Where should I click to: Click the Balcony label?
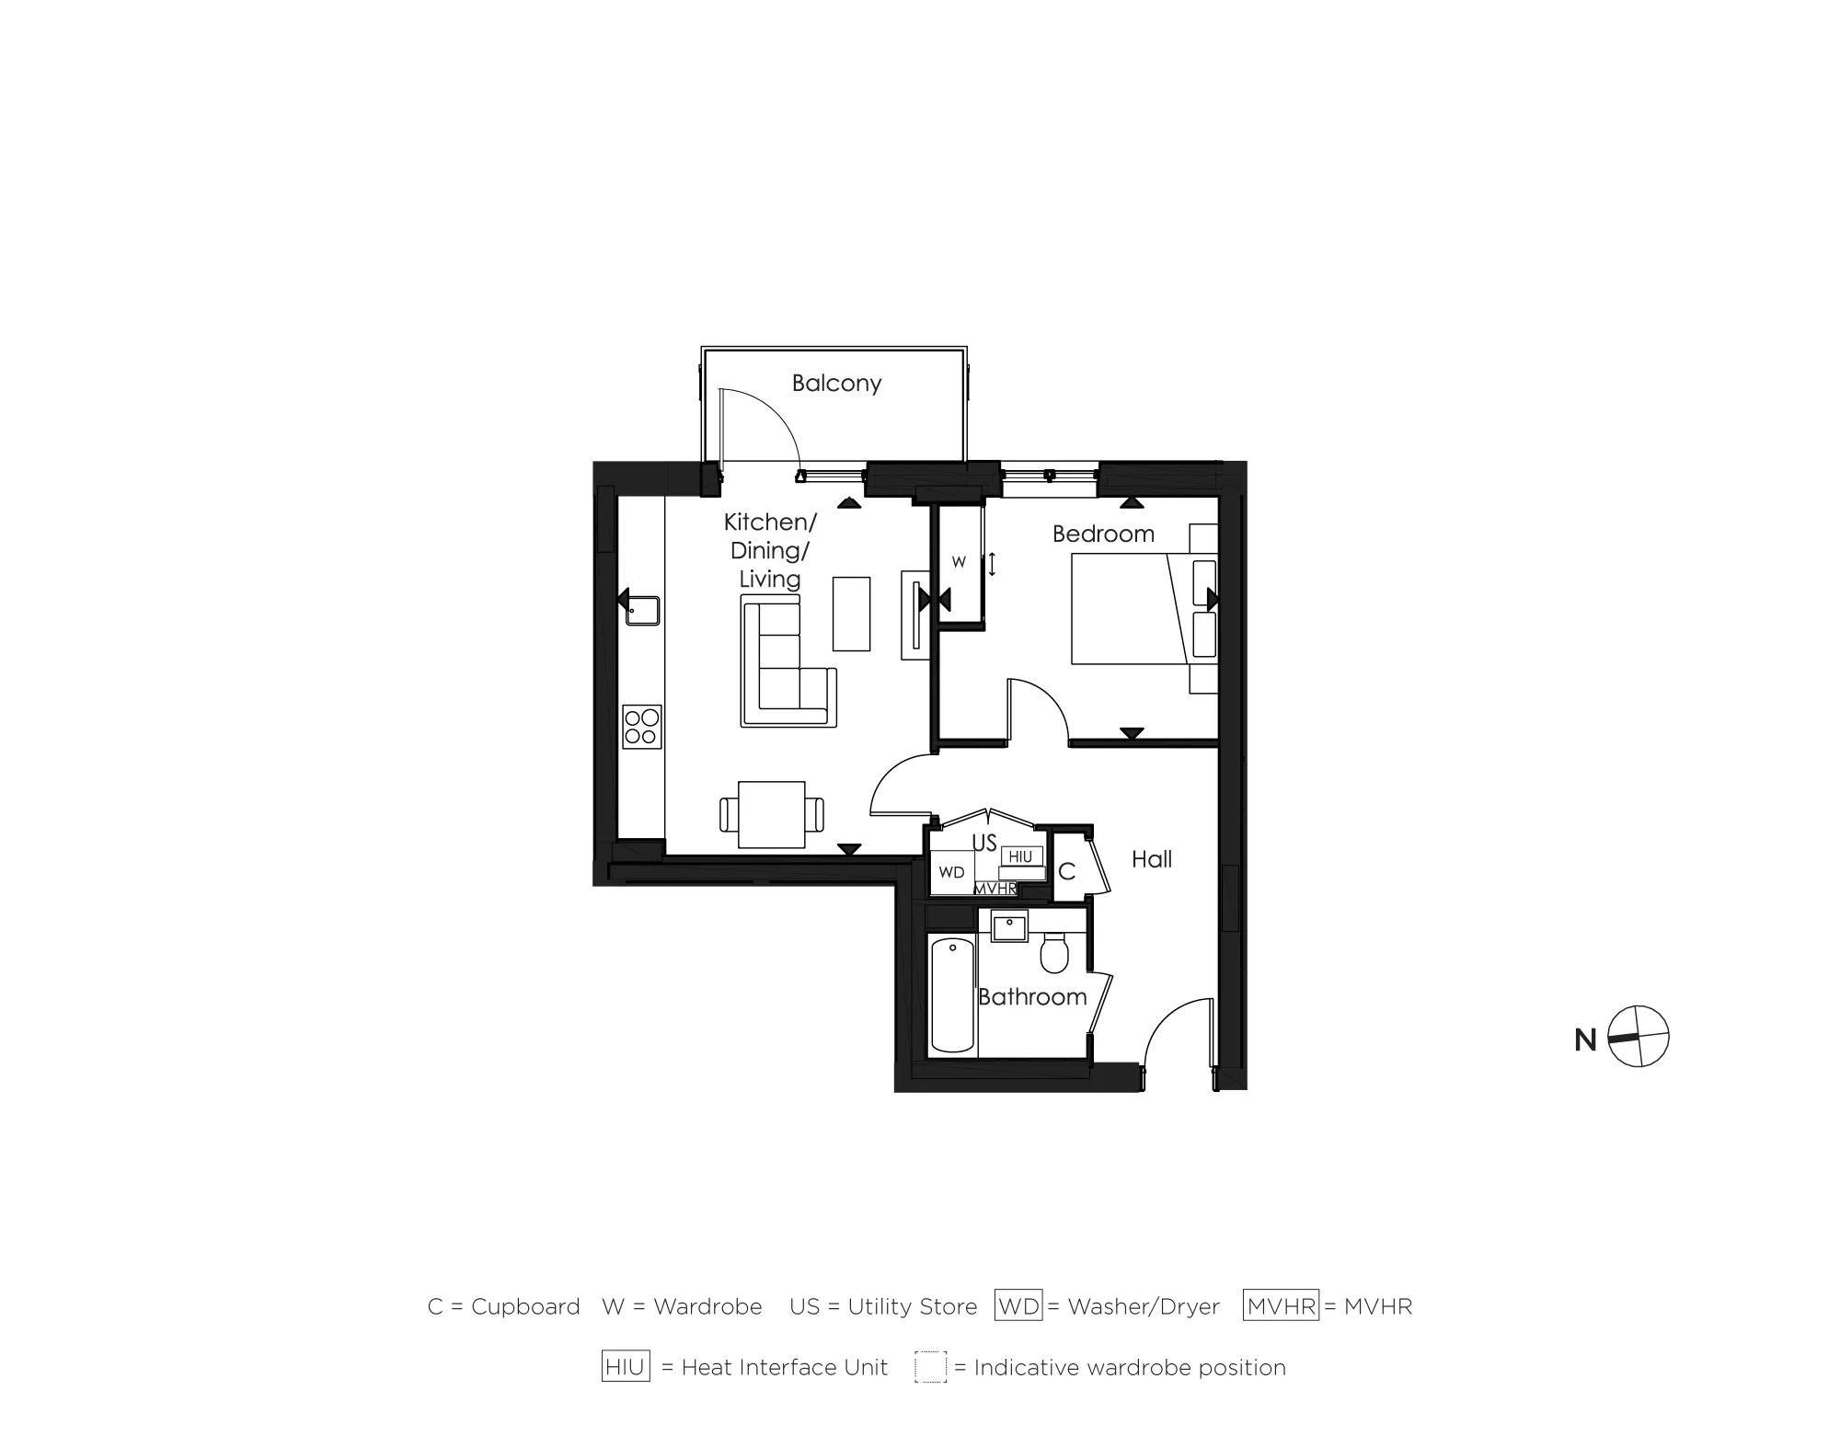(836, 383)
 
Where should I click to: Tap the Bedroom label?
(1103, 534)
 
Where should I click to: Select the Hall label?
(1151, 859)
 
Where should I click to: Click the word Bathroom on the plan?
(1032, 996)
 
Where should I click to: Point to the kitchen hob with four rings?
(641, 727)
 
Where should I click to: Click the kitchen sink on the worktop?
(642, 610)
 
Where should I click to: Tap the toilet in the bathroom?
(1054, 953)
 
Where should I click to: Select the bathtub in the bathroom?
(951, 994)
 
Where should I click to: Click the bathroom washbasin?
(1010, 926)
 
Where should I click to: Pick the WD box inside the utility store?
(951, 872)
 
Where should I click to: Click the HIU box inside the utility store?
(1020, 856)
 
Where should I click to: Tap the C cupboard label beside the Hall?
(1067, 871)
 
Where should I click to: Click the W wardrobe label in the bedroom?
(959, 562)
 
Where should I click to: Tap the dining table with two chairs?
(771, 814)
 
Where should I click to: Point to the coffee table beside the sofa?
(851, 614)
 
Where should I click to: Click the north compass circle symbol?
(1639, 1037)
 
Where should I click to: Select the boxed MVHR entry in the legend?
(1281, 1306)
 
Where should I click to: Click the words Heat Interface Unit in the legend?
(785, 1368)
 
